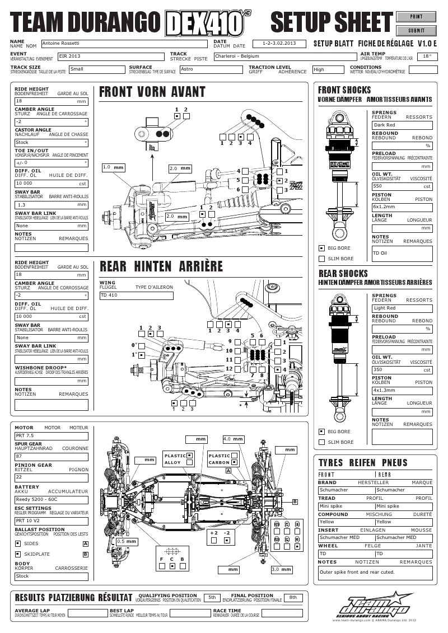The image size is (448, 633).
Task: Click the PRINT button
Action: click(416, 17)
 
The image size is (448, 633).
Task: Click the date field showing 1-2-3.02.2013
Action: click(279, 43)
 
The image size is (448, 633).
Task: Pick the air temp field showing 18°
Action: click(427, 56)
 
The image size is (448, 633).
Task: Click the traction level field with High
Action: click(328, 70)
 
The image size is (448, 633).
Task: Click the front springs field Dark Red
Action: click(402, 125)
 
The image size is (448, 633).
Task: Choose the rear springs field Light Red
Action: click(402, 308)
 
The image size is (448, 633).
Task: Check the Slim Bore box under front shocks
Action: click(321, 259)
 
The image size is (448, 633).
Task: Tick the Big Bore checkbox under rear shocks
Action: click(321, 432)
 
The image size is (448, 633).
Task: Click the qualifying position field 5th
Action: click(212, 598)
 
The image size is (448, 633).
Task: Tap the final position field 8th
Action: click(293, 598)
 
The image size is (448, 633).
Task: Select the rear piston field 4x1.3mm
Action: click(402, 390)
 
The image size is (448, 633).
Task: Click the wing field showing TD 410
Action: click(136, 295)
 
